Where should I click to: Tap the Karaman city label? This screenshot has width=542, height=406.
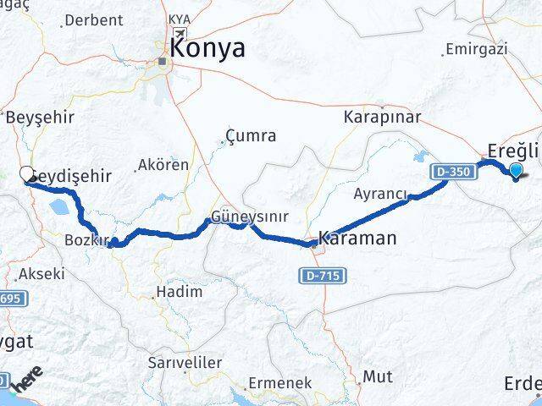click(357, 238)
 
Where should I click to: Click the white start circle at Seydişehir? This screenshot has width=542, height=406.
click(25, 175)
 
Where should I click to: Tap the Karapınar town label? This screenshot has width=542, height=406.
click(377, 118)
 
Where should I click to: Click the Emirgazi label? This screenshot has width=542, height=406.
click(475, 49)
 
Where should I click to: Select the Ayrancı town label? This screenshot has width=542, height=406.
click(381, 194)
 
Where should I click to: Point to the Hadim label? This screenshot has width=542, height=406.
click(177, 292)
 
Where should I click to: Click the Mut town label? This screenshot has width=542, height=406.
click(377, 376)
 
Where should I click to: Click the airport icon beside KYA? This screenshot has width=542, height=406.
click(180, 34)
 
